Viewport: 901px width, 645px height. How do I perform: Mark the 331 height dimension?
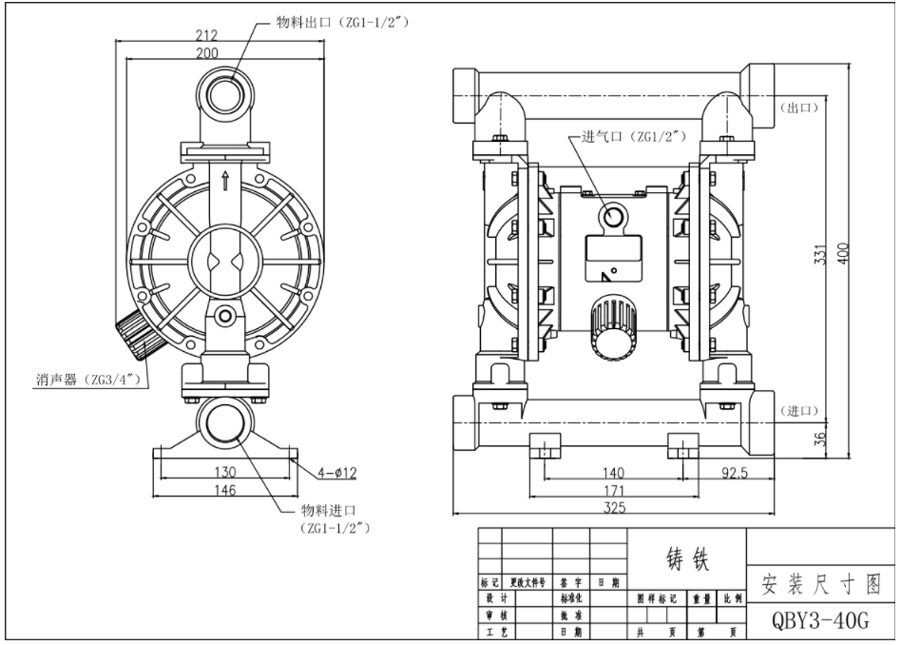[819, 256]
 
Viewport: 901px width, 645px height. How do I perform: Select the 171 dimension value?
[616, 490]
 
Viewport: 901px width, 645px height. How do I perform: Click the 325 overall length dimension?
[616, 508]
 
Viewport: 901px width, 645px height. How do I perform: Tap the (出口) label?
[798, 107]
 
